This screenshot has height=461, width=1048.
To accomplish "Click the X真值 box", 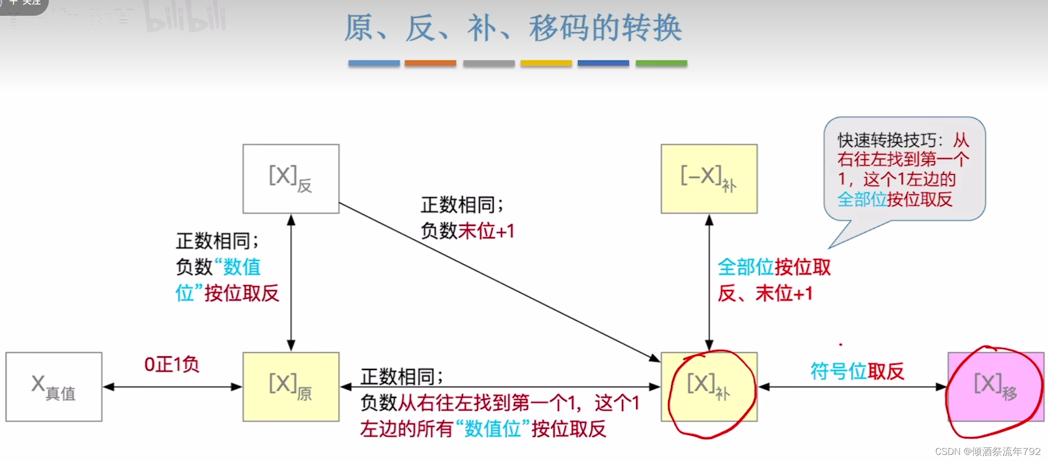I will coord(54,387).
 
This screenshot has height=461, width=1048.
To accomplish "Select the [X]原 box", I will coord(291,387).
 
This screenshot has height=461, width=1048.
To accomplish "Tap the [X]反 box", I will coord(291,178).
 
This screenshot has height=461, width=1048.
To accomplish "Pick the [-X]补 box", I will coord(709,178).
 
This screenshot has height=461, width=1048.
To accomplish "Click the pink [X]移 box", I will coord(995,387).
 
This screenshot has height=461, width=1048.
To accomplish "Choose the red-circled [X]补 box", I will coord(709,387).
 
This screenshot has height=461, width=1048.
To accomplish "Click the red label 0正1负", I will coord(171,364).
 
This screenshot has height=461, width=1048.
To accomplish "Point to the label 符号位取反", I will coord(857,371).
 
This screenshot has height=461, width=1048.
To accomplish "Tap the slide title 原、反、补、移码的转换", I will coord(513,28).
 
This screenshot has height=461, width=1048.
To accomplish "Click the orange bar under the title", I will coord(430,63).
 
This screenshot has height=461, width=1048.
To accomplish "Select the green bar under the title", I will coord(661,63).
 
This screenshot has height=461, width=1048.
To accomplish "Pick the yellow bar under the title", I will coord(546,63).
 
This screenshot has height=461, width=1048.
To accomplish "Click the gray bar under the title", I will coord(488,63).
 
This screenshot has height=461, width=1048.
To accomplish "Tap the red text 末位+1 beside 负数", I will coord(486,231).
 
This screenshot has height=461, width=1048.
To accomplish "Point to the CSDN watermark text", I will coord(987,451).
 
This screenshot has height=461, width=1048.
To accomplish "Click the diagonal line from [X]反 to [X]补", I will coord(498,282).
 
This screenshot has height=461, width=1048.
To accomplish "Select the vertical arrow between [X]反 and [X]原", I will coord(291,282).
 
